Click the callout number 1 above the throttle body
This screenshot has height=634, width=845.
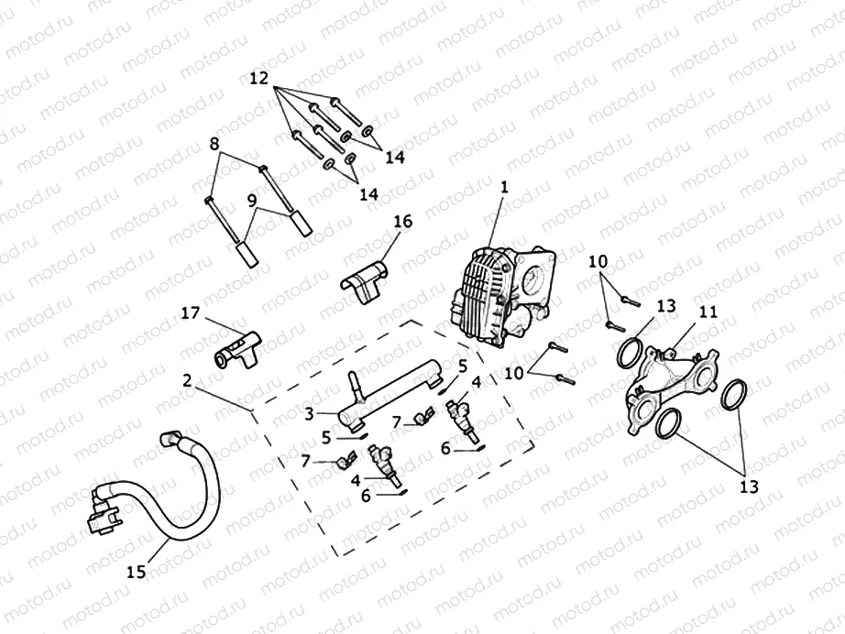coord(502,186)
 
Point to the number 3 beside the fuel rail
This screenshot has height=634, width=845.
coord(311,414)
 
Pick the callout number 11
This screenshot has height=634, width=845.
coord(708,312)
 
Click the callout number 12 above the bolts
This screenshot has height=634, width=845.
coord(259,79)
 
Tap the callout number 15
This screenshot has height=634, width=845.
coord(136,572)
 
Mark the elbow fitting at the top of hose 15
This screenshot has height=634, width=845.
coord(172,439)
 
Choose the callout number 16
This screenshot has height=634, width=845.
coord(403,222)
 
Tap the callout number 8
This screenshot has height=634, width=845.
coord(214,144)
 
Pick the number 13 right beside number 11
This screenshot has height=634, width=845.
coord(666,305)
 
